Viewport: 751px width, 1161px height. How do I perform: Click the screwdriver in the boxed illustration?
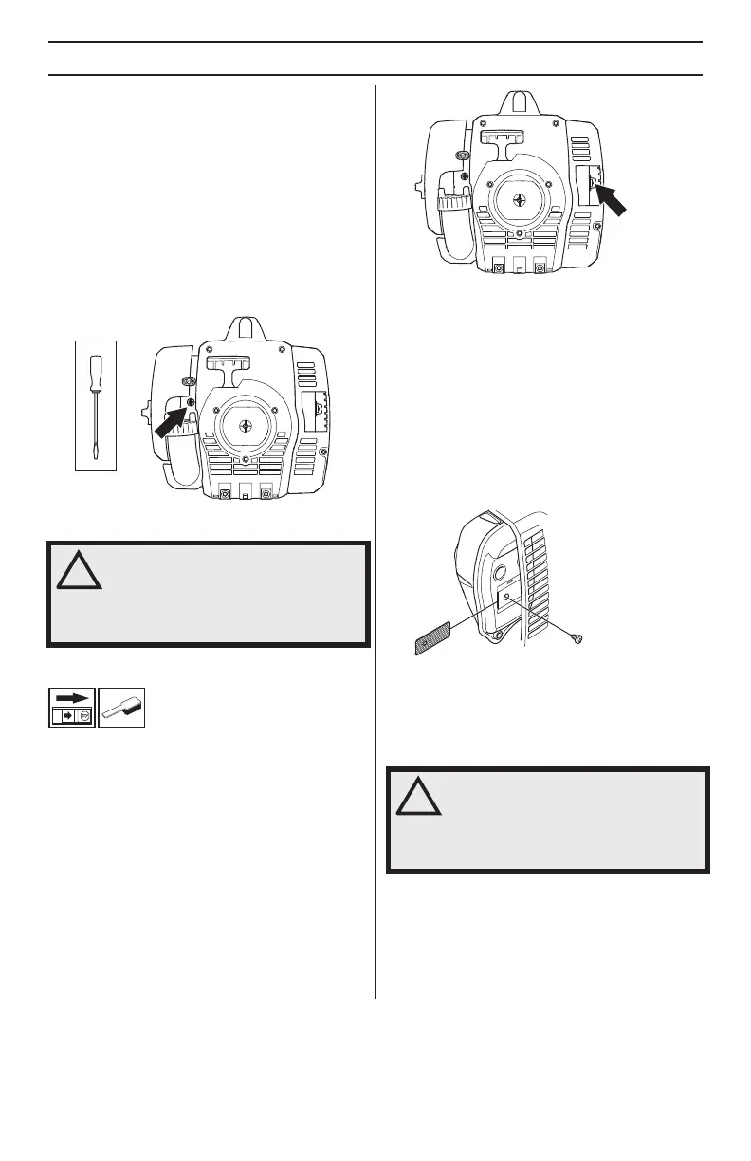point(95,405)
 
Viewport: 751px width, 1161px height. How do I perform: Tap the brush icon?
point(122,706)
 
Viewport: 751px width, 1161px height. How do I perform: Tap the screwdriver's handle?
point(95,372)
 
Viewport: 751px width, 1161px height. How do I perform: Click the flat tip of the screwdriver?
point(95,454)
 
